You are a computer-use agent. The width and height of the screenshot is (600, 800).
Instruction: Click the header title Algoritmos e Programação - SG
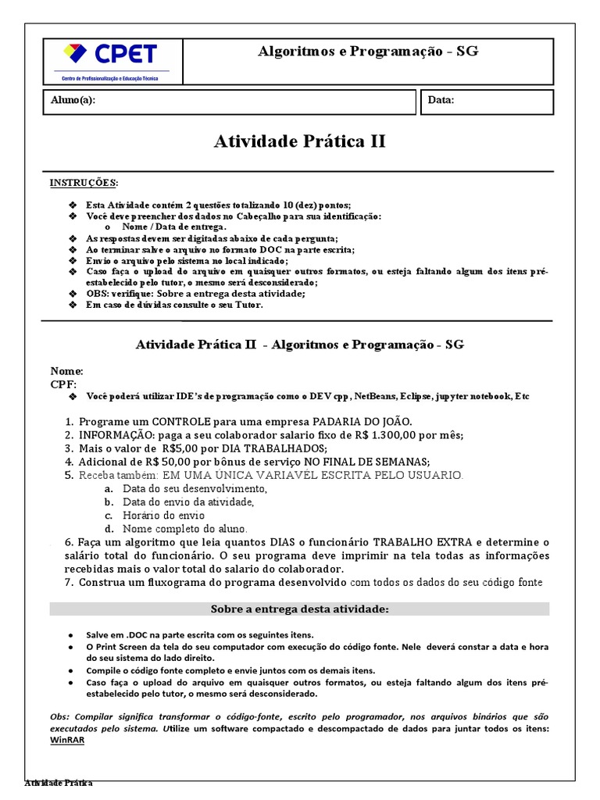tap(368, 52)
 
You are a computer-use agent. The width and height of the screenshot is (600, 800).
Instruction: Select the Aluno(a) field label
tap(73, 101)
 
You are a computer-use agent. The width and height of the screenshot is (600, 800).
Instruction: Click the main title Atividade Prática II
tap(299, 141)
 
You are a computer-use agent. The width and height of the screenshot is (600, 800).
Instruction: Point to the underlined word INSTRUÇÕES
tap(84, 183)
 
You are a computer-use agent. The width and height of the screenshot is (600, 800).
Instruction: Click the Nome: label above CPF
tap(66, 371)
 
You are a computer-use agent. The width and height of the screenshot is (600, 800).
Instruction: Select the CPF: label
tap(64, 384)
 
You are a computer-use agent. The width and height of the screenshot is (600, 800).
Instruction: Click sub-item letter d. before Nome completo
tap(109, 529)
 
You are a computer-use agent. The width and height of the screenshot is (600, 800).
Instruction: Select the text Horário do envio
tap(163, 516)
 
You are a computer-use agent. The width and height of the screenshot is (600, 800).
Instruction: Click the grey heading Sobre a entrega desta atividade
tap(299, 609)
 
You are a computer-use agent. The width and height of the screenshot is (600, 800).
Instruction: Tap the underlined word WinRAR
tap(67, 740)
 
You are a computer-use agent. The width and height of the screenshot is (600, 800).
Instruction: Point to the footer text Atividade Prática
tap(59, 784)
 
